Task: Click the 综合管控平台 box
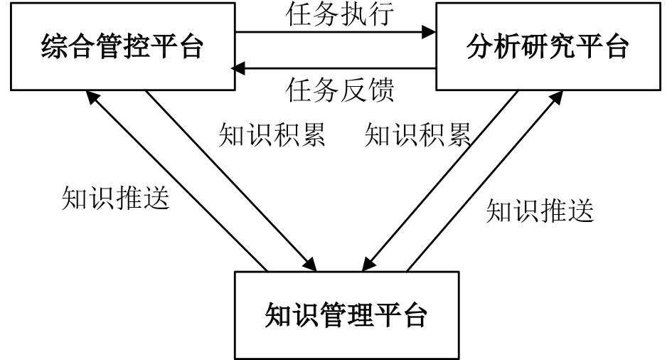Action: [x=122, y=46]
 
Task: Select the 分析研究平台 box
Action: [x=548, y=46]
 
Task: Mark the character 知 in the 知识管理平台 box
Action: [x=278, y=314]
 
